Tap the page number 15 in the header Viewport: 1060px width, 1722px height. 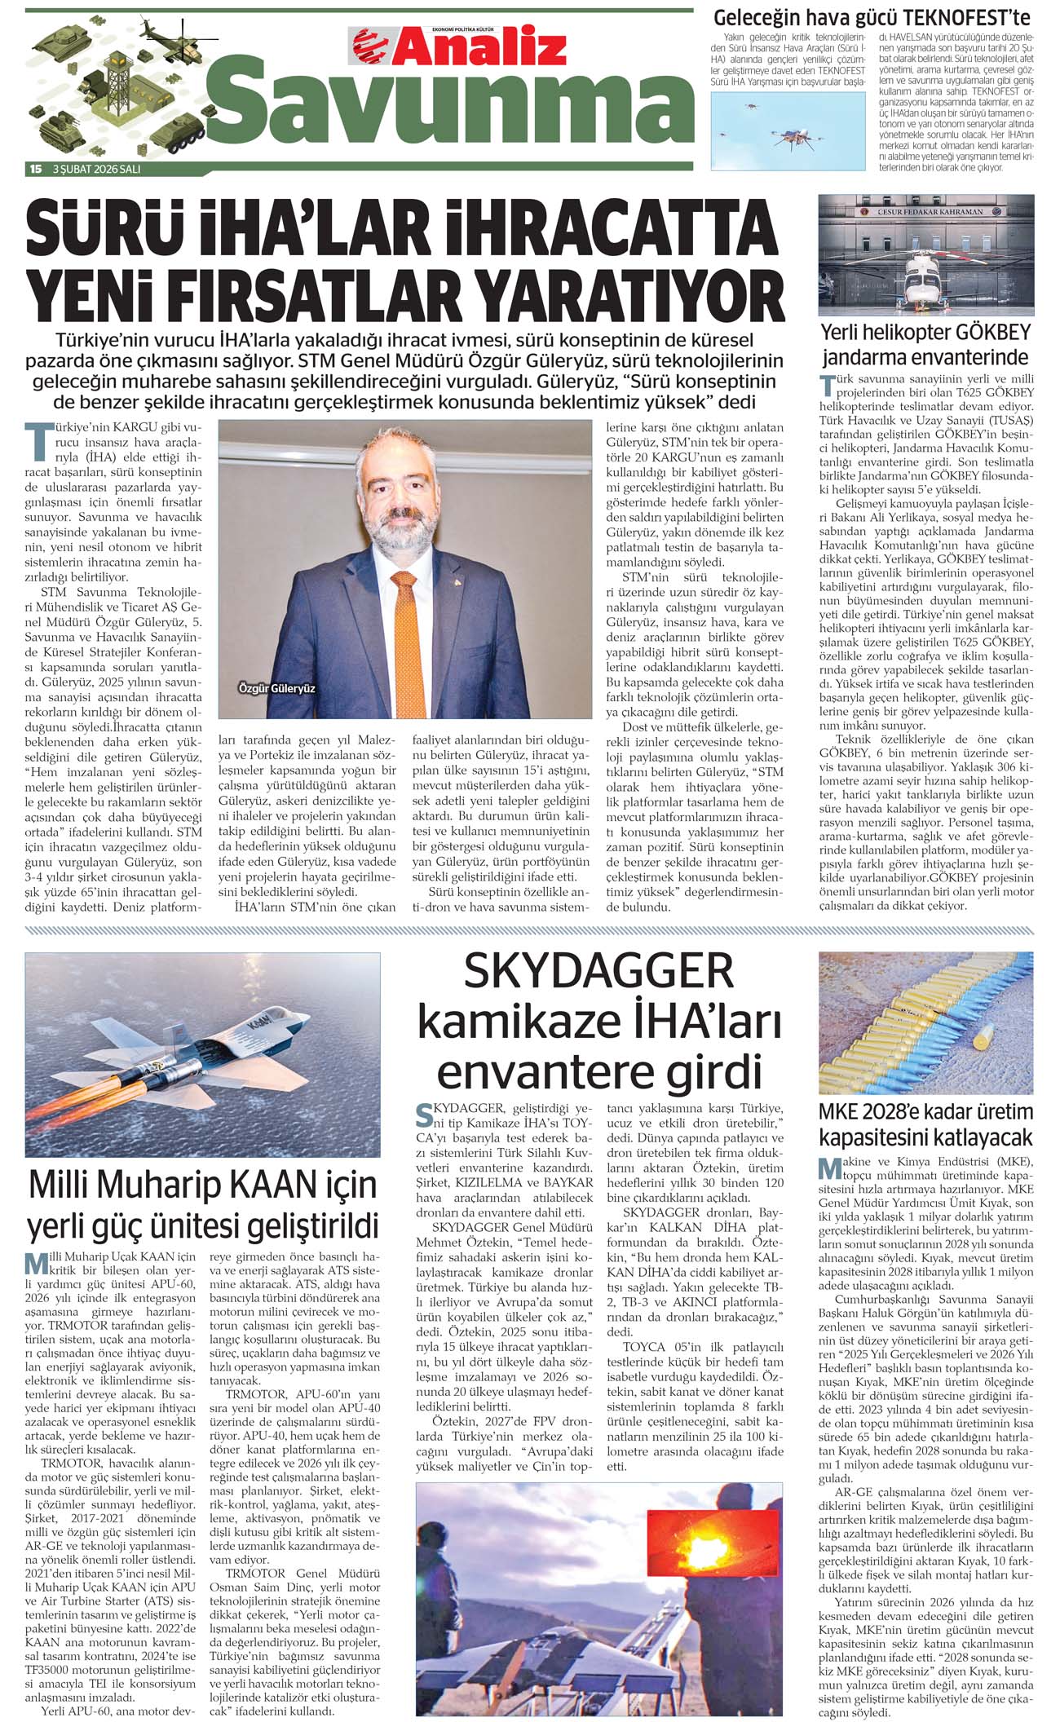pyautogui.click(x=35, y=169)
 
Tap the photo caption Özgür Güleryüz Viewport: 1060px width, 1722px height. pyautogui.click(x=276, y=688)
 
